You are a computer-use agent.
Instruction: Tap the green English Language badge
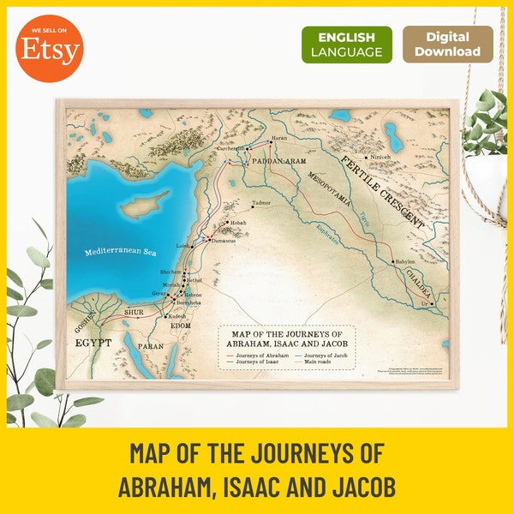pyautogui.click(x=347, y=45)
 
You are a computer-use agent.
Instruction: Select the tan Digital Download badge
pyautogui.click(x=448, y=45)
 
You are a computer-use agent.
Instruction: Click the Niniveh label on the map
pyautogui.click(x=381, y=158)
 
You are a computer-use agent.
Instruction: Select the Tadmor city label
pyautogui.click(x=261, y=203)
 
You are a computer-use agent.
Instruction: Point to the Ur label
pyautogui.click(x=423, y=304)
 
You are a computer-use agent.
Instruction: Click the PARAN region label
pyautogui.click(x=152, y=347)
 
